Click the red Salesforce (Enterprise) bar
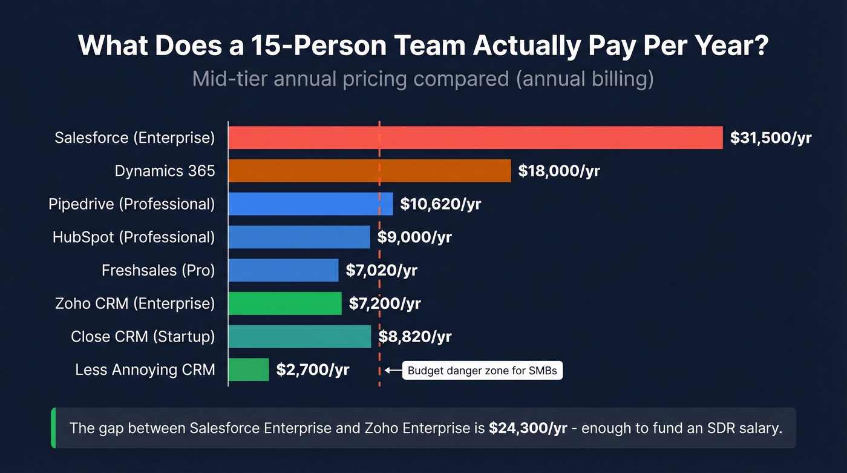[x=475, y=137]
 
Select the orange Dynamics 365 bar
[x=369, y=171]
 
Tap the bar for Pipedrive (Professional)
[x=310, y=204]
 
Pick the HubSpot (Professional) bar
[x=299, y=237]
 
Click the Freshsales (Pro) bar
[x=283, y=270]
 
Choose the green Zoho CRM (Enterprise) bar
[x=285, y=303]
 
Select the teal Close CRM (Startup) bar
[x=299, y=336]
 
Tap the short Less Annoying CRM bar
[x=248, y=369]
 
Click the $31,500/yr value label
[x=770, y=138]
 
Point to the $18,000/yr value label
[x=558, y=171]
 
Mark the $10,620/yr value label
[x=440, y=204]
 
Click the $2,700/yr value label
[x=312, y=369]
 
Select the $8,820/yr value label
[x=414, y=336]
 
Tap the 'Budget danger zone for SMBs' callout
[x=482, y=371]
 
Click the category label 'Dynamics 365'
[x=165, y=171]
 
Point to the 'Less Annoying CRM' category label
[x=145, y=369]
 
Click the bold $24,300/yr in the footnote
[x=528, y=428]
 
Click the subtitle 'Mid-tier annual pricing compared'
[x=351, y=79]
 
